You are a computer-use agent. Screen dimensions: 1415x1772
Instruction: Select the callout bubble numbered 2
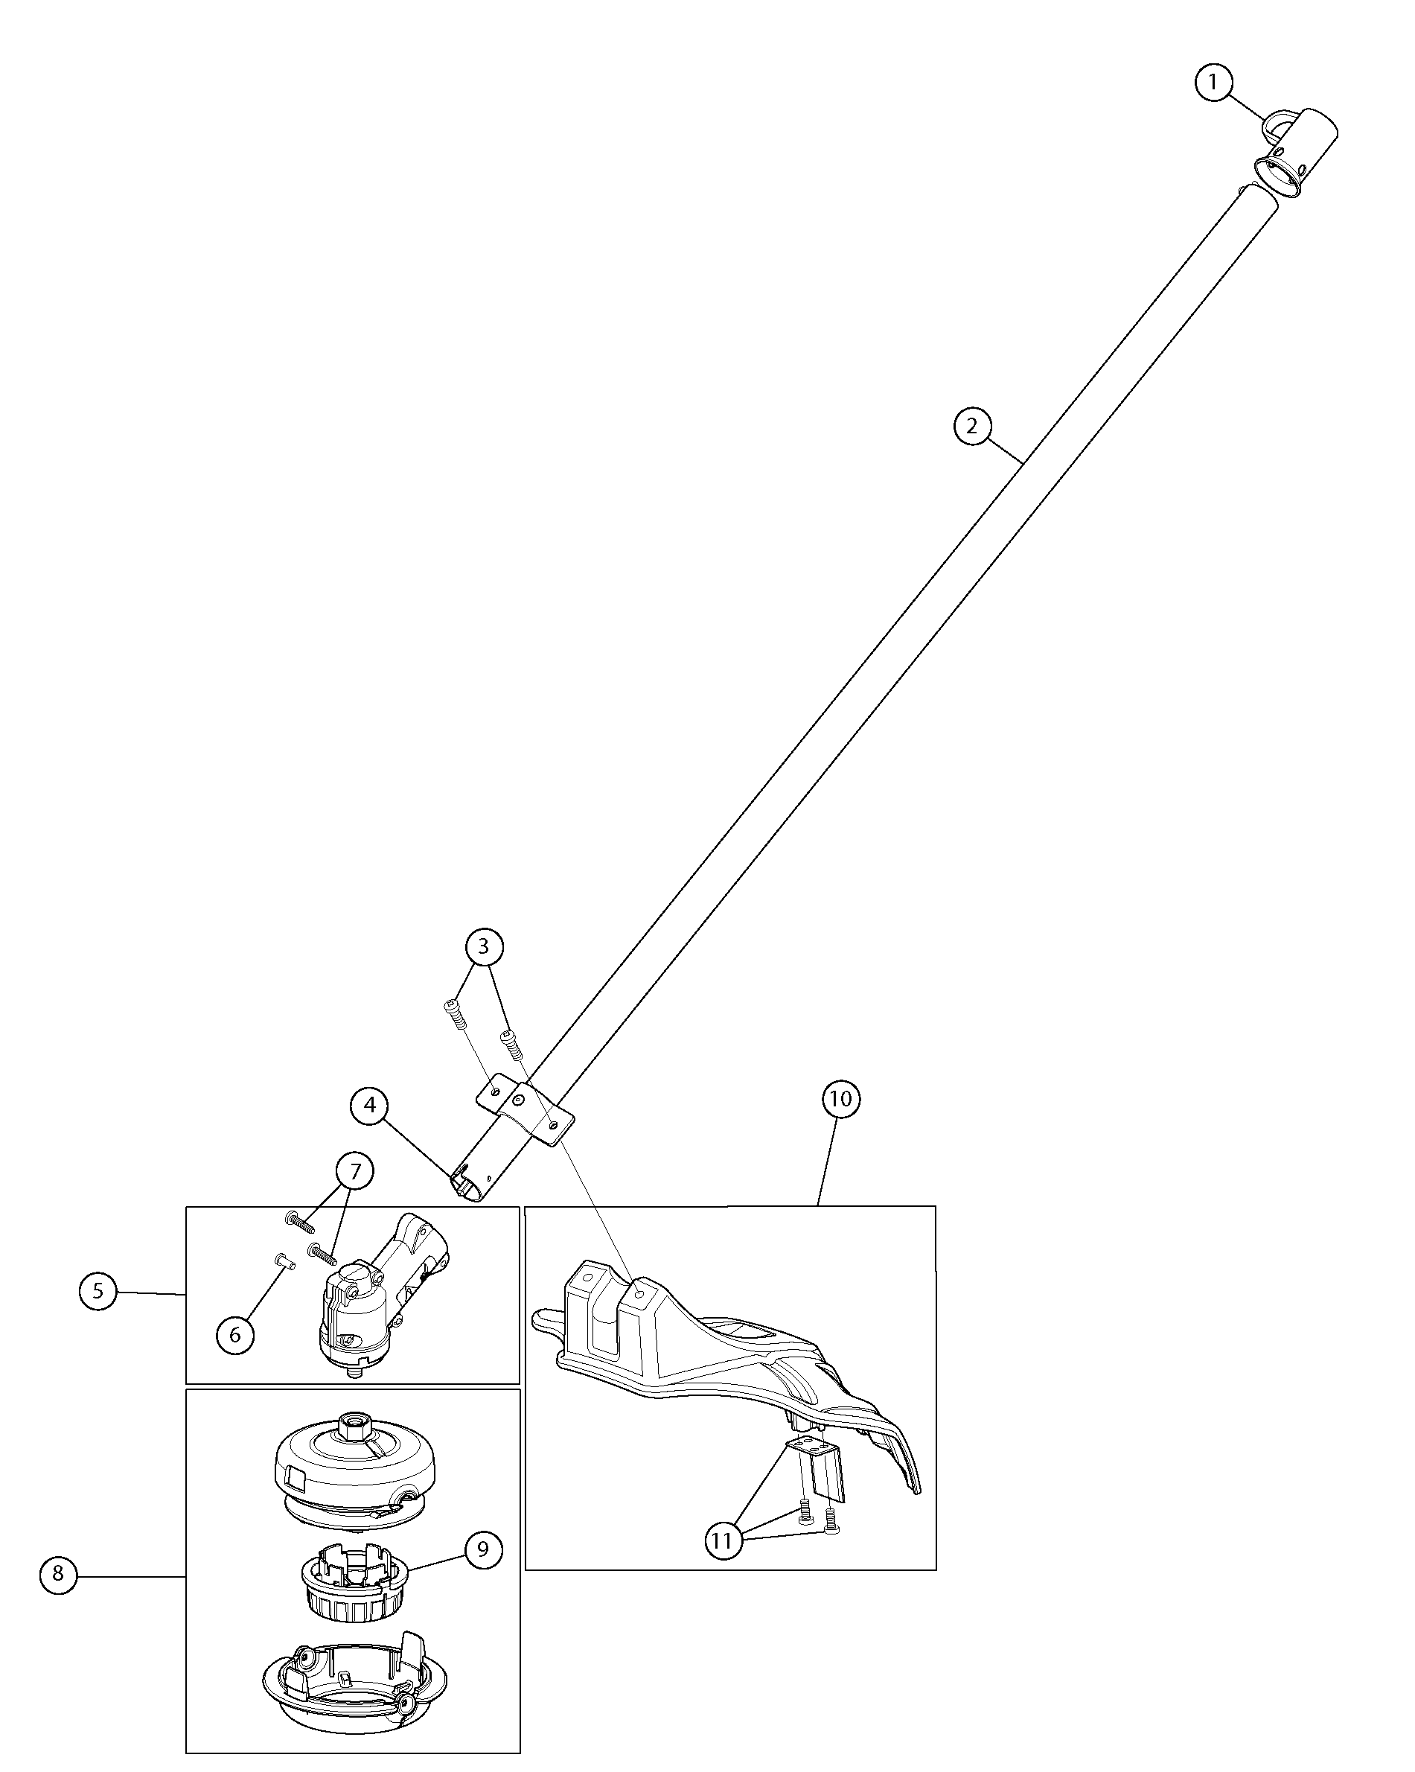pyautogui.click(x=972, y=427)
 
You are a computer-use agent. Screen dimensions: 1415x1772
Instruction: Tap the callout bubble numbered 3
pyautogui.click(x=483, y=946)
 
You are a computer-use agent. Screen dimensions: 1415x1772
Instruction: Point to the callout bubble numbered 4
pyautogui.click(x=370, y=1106)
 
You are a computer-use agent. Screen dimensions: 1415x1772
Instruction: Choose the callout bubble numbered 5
pyautogui.click(x=98, y=1290)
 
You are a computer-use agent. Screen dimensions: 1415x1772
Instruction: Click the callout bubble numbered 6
pyautogui.click(x=235, y=1335)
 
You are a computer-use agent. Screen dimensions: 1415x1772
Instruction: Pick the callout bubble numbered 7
pyautogui.click(x=355, y=1170)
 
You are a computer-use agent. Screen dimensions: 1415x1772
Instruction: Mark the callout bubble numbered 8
pyautogui.click(x=57, y=1573)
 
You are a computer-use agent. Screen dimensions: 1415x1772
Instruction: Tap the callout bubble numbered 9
pyautogui.click(x=483, y=1549)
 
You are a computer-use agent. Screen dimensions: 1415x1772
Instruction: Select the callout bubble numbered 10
pyautogui.click(x=840, y=1099)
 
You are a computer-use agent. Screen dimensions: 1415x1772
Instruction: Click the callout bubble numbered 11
pyautogui.click(x=721, y=1540)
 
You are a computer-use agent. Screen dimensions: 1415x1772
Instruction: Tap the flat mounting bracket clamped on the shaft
pyautogui.click(x=526, y=1109)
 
